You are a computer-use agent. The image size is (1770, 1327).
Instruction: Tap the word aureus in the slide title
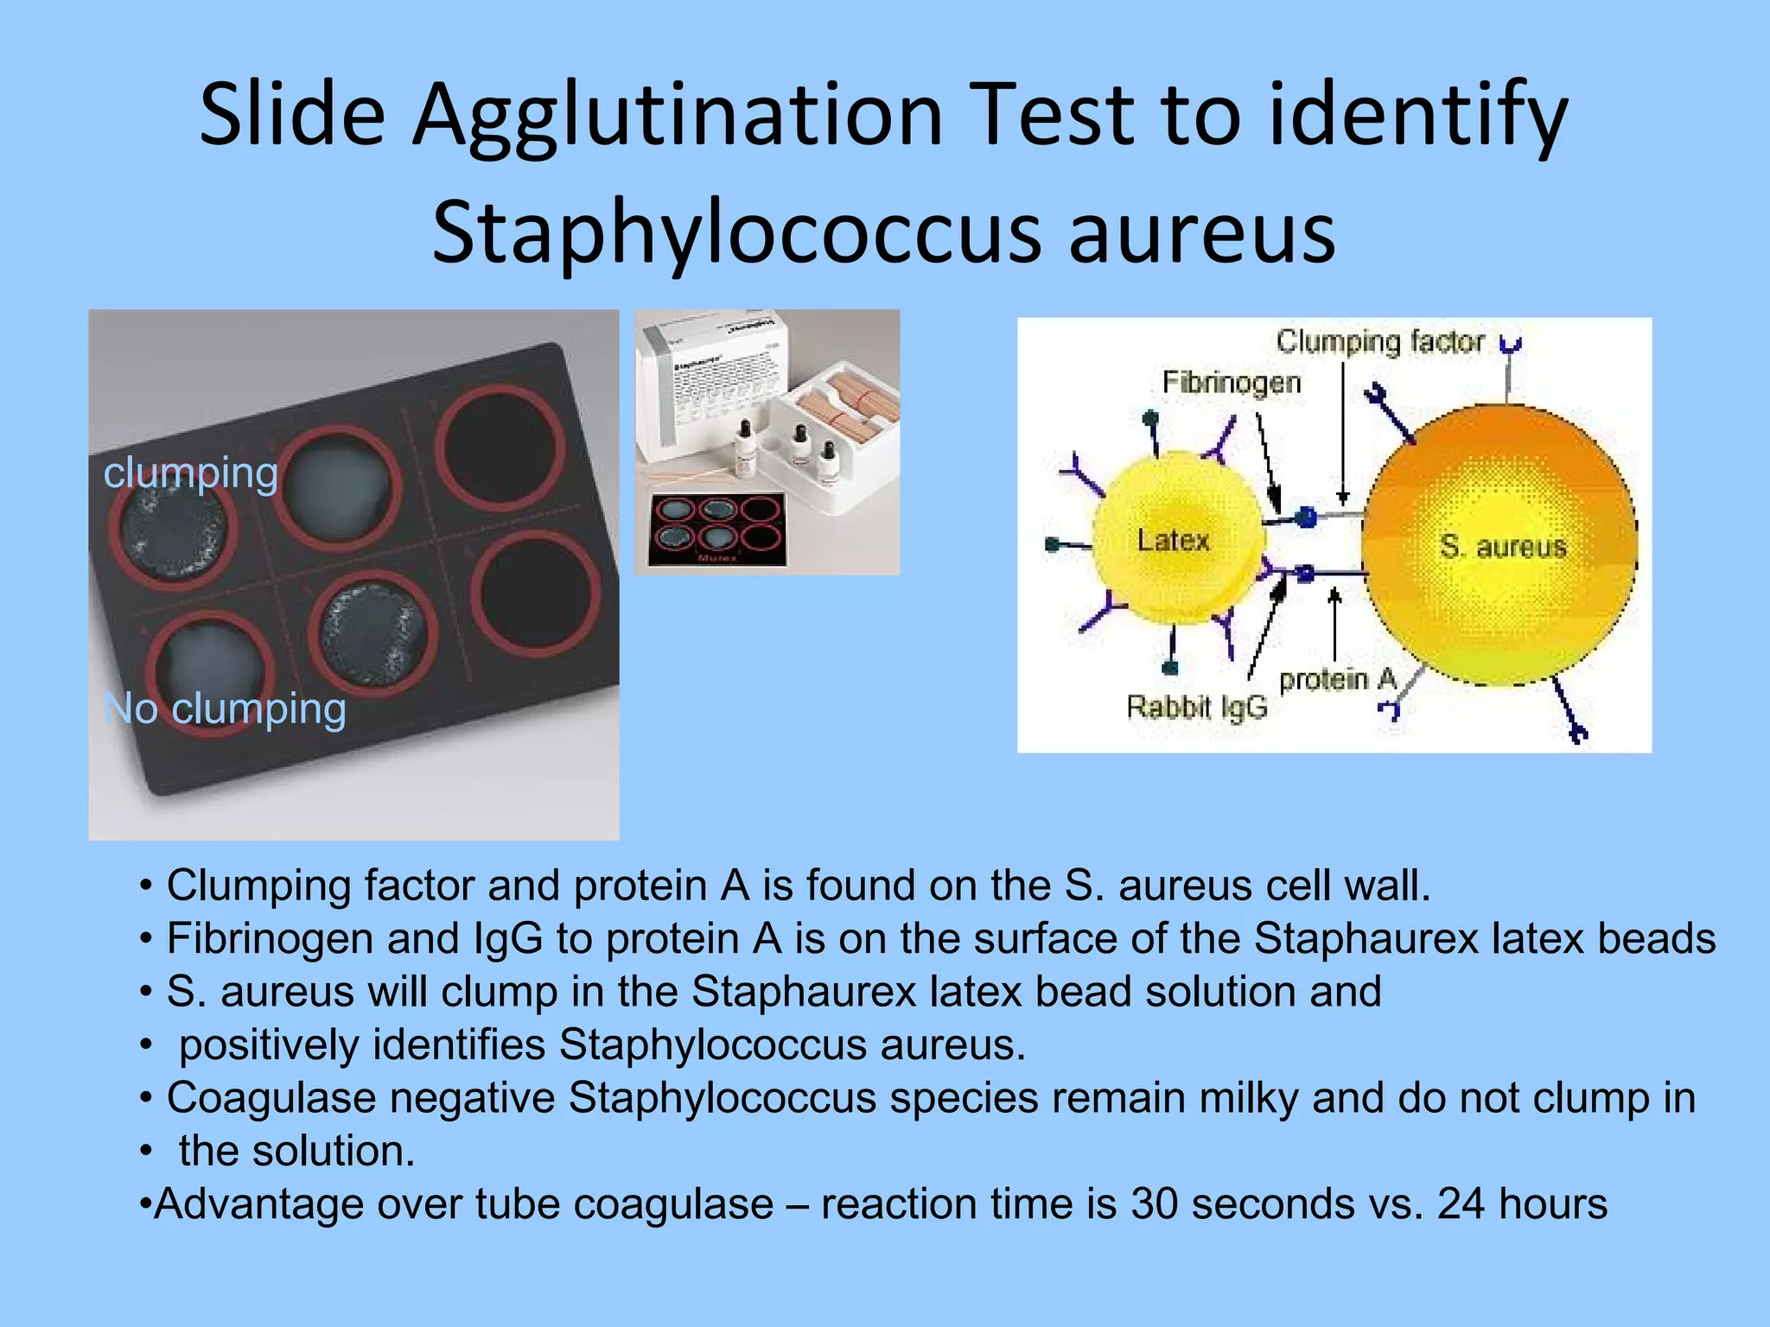1202,232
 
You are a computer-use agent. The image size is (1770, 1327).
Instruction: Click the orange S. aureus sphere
1499,544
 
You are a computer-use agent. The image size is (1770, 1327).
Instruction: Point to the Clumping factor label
1379,341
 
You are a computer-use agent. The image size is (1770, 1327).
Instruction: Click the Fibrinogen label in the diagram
1231,382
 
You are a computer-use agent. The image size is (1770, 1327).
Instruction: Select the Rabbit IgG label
1196,707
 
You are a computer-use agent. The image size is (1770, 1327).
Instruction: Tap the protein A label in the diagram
1337,680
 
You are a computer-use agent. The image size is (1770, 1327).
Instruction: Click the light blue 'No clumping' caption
225,708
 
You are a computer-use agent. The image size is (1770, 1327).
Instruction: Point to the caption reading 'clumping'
191,473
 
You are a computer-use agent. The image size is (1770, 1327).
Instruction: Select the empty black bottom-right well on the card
536,594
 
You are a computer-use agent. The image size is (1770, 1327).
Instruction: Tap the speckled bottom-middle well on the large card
373,633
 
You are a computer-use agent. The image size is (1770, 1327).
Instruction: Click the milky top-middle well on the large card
339,486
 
